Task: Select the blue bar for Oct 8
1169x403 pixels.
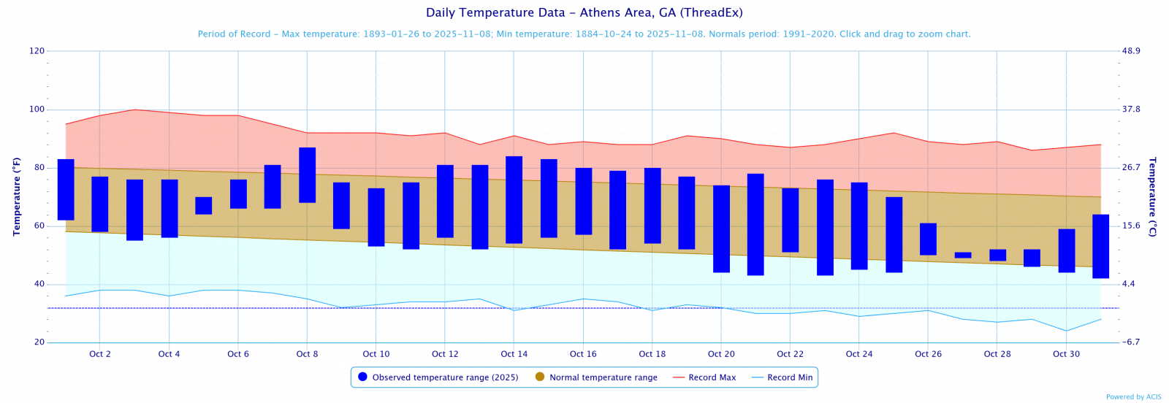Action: coord(307,175)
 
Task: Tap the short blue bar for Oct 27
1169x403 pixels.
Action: coord(963,255)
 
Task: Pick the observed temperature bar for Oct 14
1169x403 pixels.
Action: coord(514,200)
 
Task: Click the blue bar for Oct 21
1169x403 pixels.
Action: coord(755,224)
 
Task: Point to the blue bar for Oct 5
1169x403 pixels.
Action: coord(203,206)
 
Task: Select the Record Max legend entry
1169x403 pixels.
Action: coord(704,377)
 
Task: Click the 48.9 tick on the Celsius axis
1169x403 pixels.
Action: coord(1131,51)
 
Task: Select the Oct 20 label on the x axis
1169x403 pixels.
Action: coord(721,354)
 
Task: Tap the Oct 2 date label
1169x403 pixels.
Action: coord(100,354)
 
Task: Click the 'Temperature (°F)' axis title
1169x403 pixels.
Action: coord(16,196)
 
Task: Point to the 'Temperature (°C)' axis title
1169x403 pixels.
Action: coord(1152,196)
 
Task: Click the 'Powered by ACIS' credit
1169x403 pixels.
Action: coord(1133,397)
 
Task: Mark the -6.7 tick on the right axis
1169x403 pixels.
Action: coord(1131,342)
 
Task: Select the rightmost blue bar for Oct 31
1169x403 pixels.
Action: coord(1100,246)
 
